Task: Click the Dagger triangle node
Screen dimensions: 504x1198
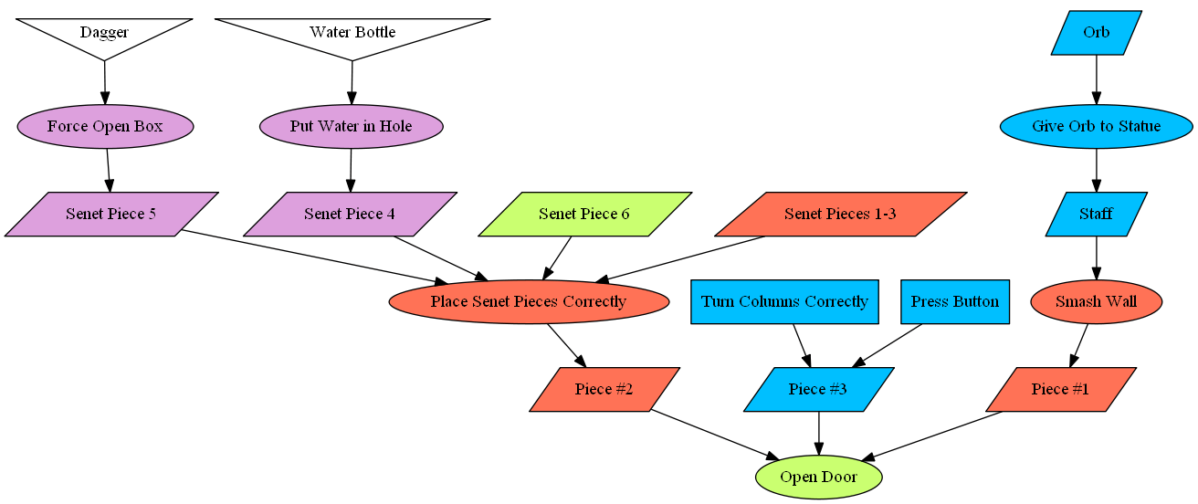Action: click(104, 34)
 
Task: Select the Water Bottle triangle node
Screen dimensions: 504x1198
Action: click(352, 34)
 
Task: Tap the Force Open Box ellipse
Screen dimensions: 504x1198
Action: click(105, 126)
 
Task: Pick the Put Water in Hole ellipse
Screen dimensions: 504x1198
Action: click(352, 126)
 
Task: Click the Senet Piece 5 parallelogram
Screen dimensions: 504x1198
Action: click(110, 214)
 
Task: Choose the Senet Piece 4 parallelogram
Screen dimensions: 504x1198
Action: click(350, 214)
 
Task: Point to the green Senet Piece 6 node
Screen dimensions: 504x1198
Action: click(584, 214)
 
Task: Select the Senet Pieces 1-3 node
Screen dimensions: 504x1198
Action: click(840, 214)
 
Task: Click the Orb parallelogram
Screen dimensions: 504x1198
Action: click(1097, 32)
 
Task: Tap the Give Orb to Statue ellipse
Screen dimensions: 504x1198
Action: click(1097, 126)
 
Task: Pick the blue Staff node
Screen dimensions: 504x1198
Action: click(1097, 214)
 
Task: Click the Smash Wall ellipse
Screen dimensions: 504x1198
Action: click(1096, 301)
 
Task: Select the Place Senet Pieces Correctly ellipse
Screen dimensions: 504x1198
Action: click(529, 301)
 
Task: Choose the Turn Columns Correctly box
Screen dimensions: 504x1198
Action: click(784, 301)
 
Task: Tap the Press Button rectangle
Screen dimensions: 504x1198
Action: click(955, 301)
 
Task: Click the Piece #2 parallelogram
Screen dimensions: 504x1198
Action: click(604, 389)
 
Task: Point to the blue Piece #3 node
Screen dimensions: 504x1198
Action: click(818, 389)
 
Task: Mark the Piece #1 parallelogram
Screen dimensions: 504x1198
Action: click(1061, 389)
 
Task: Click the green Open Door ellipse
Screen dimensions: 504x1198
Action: click(819, 477)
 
